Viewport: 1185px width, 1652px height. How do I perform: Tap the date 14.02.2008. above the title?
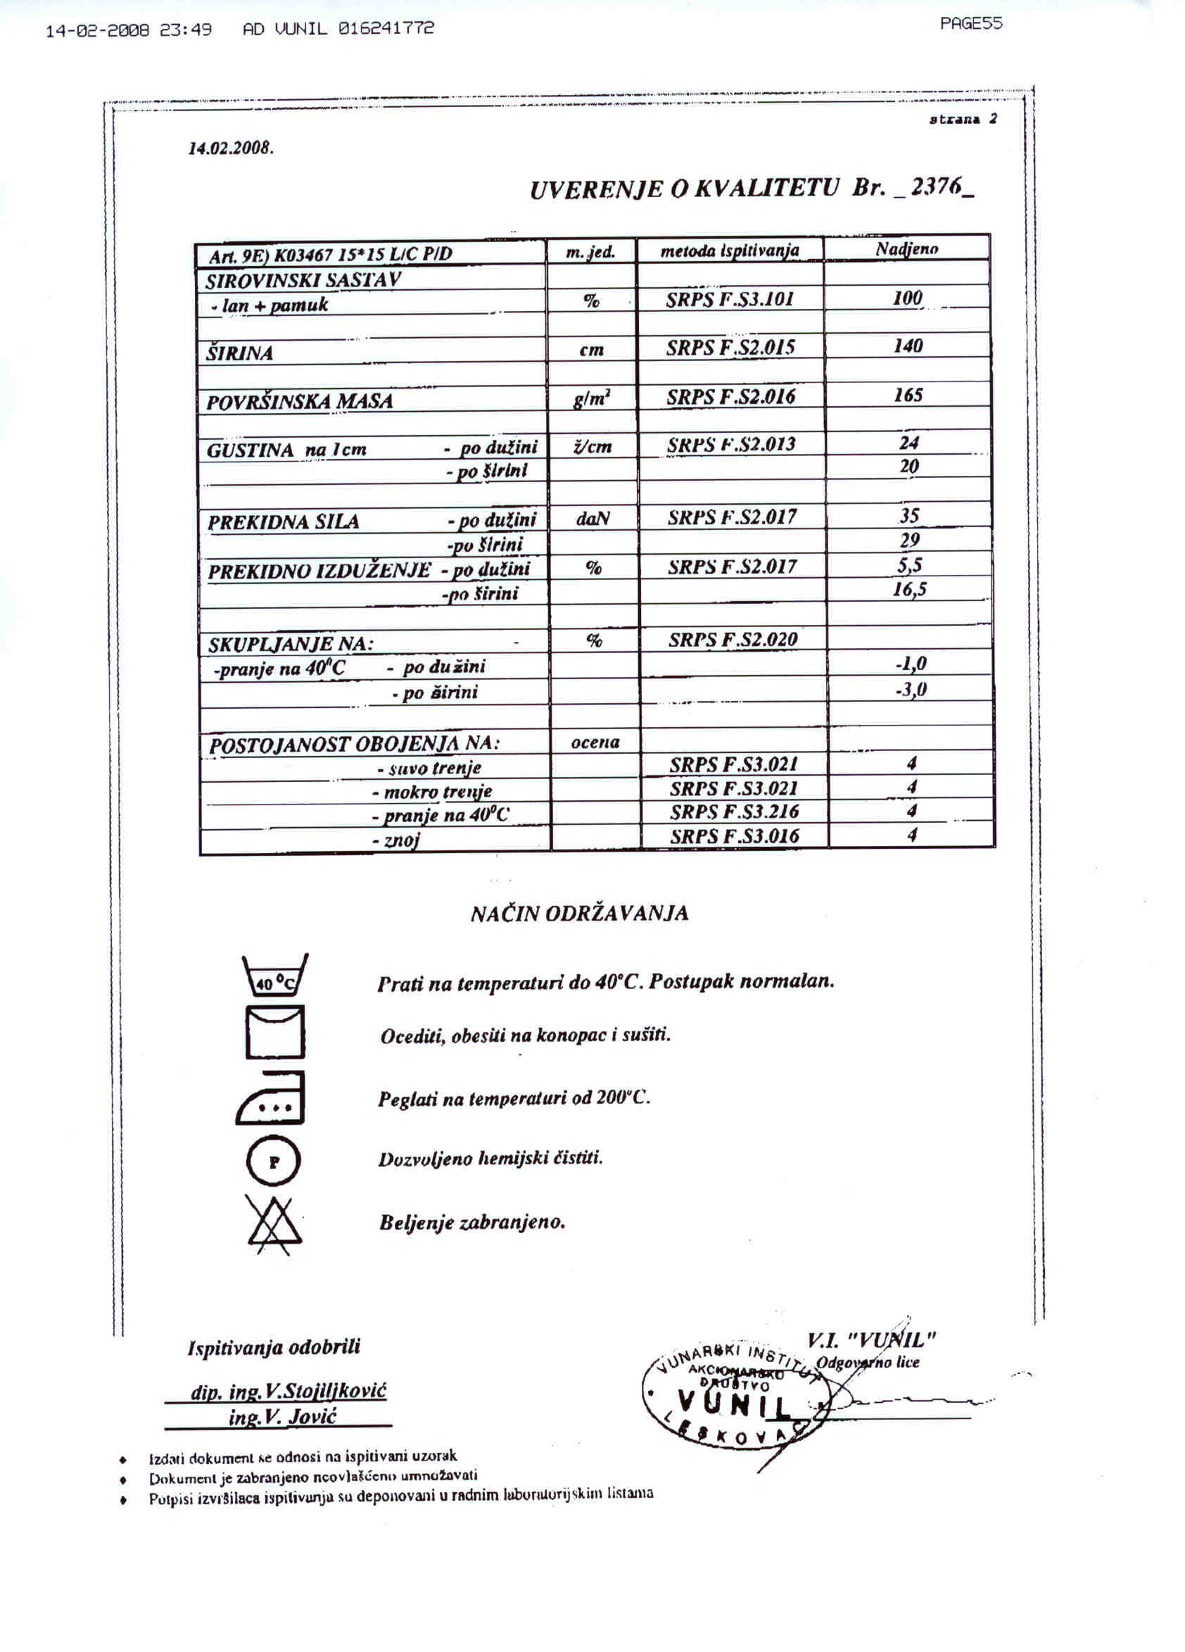point(231,149)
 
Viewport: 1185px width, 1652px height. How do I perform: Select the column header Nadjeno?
point(907,249)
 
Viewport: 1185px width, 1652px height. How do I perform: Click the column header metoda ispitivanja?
point(730,251)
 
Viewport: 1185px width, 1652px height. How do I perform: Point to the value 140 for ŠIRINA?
point(908,346)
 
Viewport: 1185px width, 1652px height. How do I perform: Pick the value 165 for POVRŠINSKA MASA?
point(908,396)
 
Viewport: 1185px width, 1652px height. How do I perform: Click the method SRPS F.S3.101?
point(730,299)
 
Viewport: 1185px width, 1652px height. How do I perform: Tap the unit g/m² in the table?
point(591,398)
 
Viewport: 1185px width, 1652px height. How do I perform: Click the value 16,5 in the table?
point(910,589)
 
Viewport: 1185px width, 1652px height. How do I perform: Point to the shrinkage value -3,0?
point(911,689)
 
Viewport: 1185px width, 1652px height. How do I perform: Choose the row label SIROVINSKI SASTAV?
point(303,280)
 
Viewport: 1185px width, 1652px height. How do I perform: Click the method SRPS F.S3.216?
point(734,812)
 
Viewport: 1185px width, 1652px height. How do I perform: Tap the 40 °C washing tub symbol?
point(274,976)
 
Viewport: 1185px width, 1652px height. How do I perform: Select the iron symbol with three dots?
point(271,1099)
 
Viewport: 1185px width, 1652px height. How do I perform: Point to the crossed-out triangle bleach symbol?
point(274,1225)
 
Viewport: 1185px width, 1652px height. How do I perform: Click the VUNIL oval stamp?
point(732,1401)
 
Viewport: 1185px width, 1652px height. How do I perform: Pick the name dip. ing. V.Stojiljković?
point(289,1392)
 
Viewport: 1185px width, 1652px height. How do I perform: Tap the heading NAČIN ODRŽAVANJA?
point(579,914)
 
